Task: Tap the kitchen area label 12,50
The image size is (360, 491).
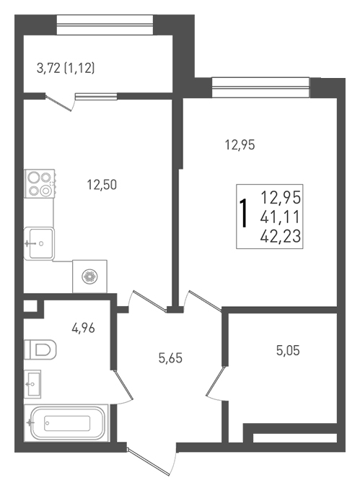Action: click(x=102, y=185)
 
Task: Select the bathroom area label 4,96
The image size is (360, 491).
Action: click(x=83, y=328)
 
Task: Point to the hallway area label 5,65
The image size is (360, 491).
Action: click(x=170, y=358)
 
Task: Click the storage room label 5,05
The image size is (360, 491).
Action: click(x=288, y=350)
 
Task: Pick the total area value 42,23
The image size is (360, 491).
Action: click(x=280, y=236)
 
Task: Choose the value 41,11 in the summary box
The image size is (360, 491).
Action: click(x=280, y=217)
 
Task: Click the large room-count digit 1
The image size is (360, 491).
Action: click(x=243, y=214)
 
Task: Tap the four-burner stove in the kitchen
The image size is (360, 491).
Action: click(x=40, y=183)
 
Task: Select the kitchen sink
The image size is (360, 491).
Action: click(x=39, y=243)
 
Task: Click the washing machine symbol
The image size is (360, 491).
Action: click(x=89, y=276)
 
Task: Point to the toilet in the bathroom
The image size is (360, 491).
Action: click(x=40, y=349)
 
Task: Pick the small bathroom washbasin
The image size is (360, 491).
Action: click(x=32, y=384)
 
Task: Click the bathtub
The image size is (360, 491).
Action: click(x=66, y=423)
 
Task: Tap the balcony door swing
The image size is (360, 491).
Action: click(x=59, y=103)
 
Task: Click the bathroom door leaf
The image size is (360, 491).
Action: click(x=123, y=385)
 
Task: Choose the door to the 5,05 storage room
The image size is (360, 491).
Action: click(x=216, y=382)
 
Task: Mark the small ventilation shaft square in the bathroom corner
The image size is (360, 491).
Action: click(x=30, y=306)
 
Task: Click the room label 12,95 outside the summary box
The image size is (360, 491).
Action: click(x=240, y=145)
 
